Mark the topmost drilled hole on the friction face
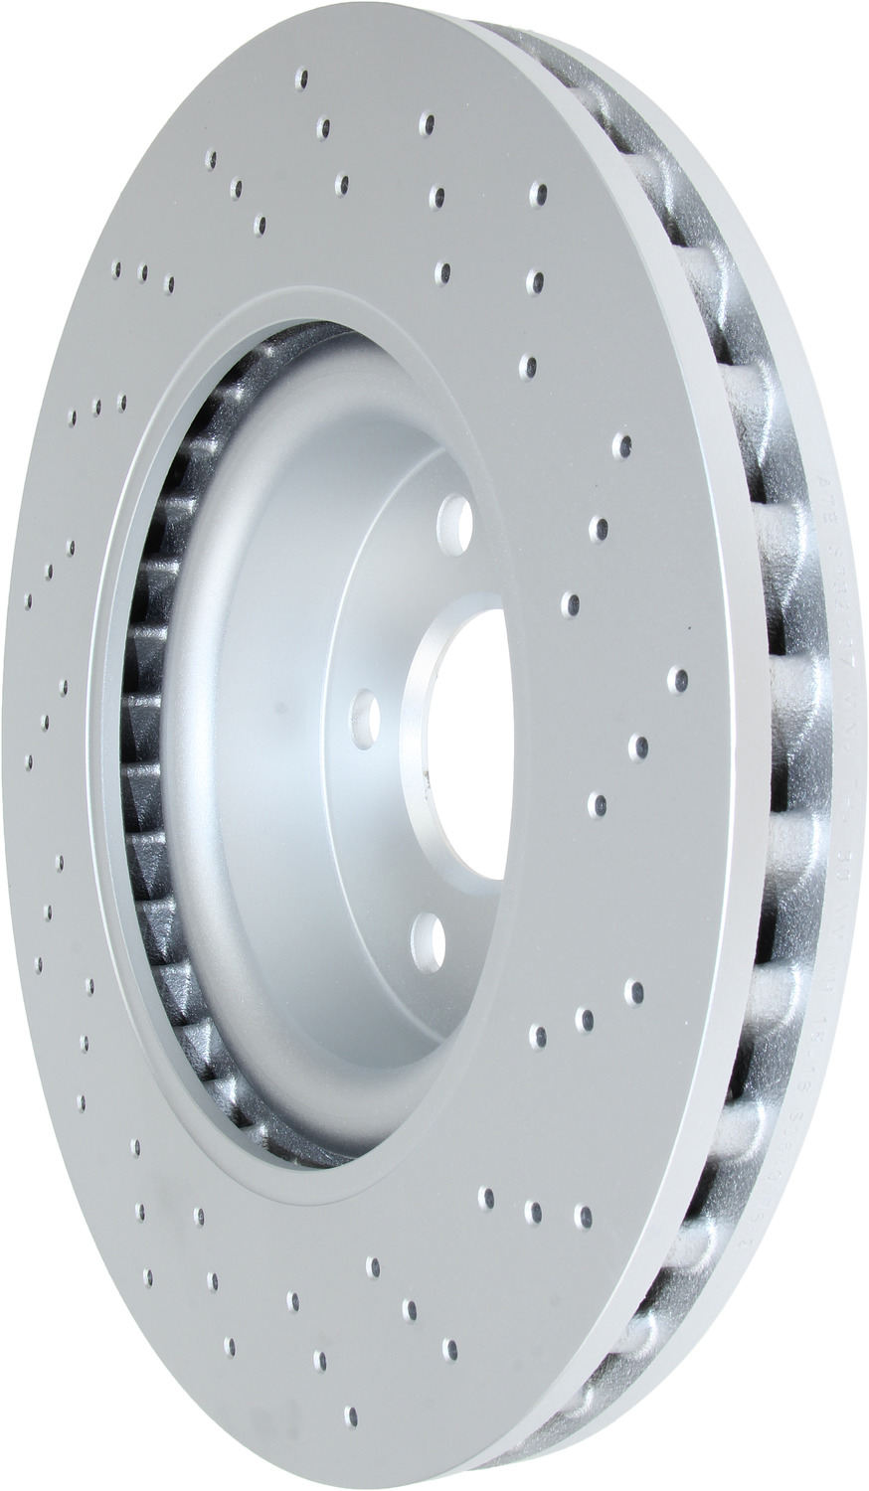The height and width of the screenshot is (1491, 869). (303, 80)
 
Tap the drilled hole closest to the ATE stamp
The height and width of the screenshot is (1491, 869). (620, 444)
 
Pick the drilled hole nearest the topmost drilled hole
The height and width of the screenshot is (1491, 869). (324, 126)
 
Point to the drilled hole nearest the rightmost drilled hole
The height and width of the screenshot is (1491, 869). (638, 745)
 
